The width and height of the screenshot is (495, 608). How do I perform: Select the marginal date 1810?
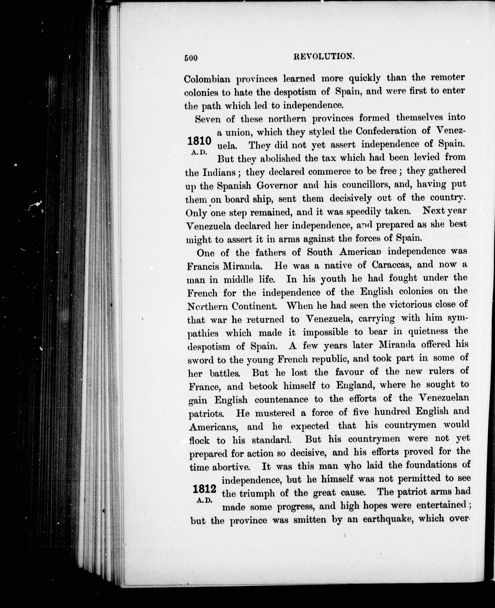pyautogui.click(x=199, y=141)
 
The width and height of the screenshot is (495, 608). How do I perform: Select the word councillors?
pyautogui.click(x=366, y=185)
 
